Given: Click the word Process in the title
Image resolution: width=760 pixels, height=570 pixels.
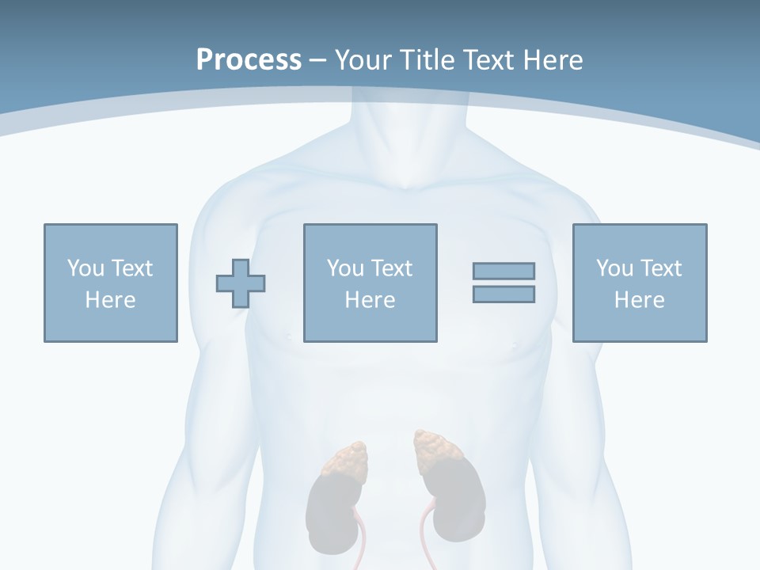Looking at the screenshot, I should (x=249, y=60).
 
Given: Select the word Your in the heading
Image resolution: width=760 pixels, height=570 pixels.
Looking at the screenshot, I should (x=363, y=60).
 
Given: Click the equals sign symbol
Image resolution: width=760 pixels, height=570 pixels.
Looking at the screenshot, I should (x=503, y=283).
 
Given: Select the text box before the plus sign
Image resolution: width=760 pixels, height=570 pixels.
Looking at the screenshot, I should (x=111, y=283).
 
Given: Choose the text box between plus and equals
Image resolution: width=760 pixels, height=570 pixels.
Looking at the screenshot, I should (x=370, y=283).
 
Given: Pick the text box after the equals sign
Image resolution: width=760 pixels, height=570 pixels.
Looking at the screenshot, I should (x=640, y=283).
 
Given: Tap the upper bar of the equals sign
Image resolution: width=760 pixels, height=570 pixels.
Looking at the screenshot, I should (x=503, y=271).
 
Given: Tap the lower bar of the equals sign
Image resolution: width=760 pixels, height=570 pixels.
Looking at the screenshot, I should (x=503, y=294).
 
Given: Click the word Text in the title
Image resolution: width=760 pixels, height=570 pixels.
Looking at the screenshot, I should (x=484, y=60).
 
